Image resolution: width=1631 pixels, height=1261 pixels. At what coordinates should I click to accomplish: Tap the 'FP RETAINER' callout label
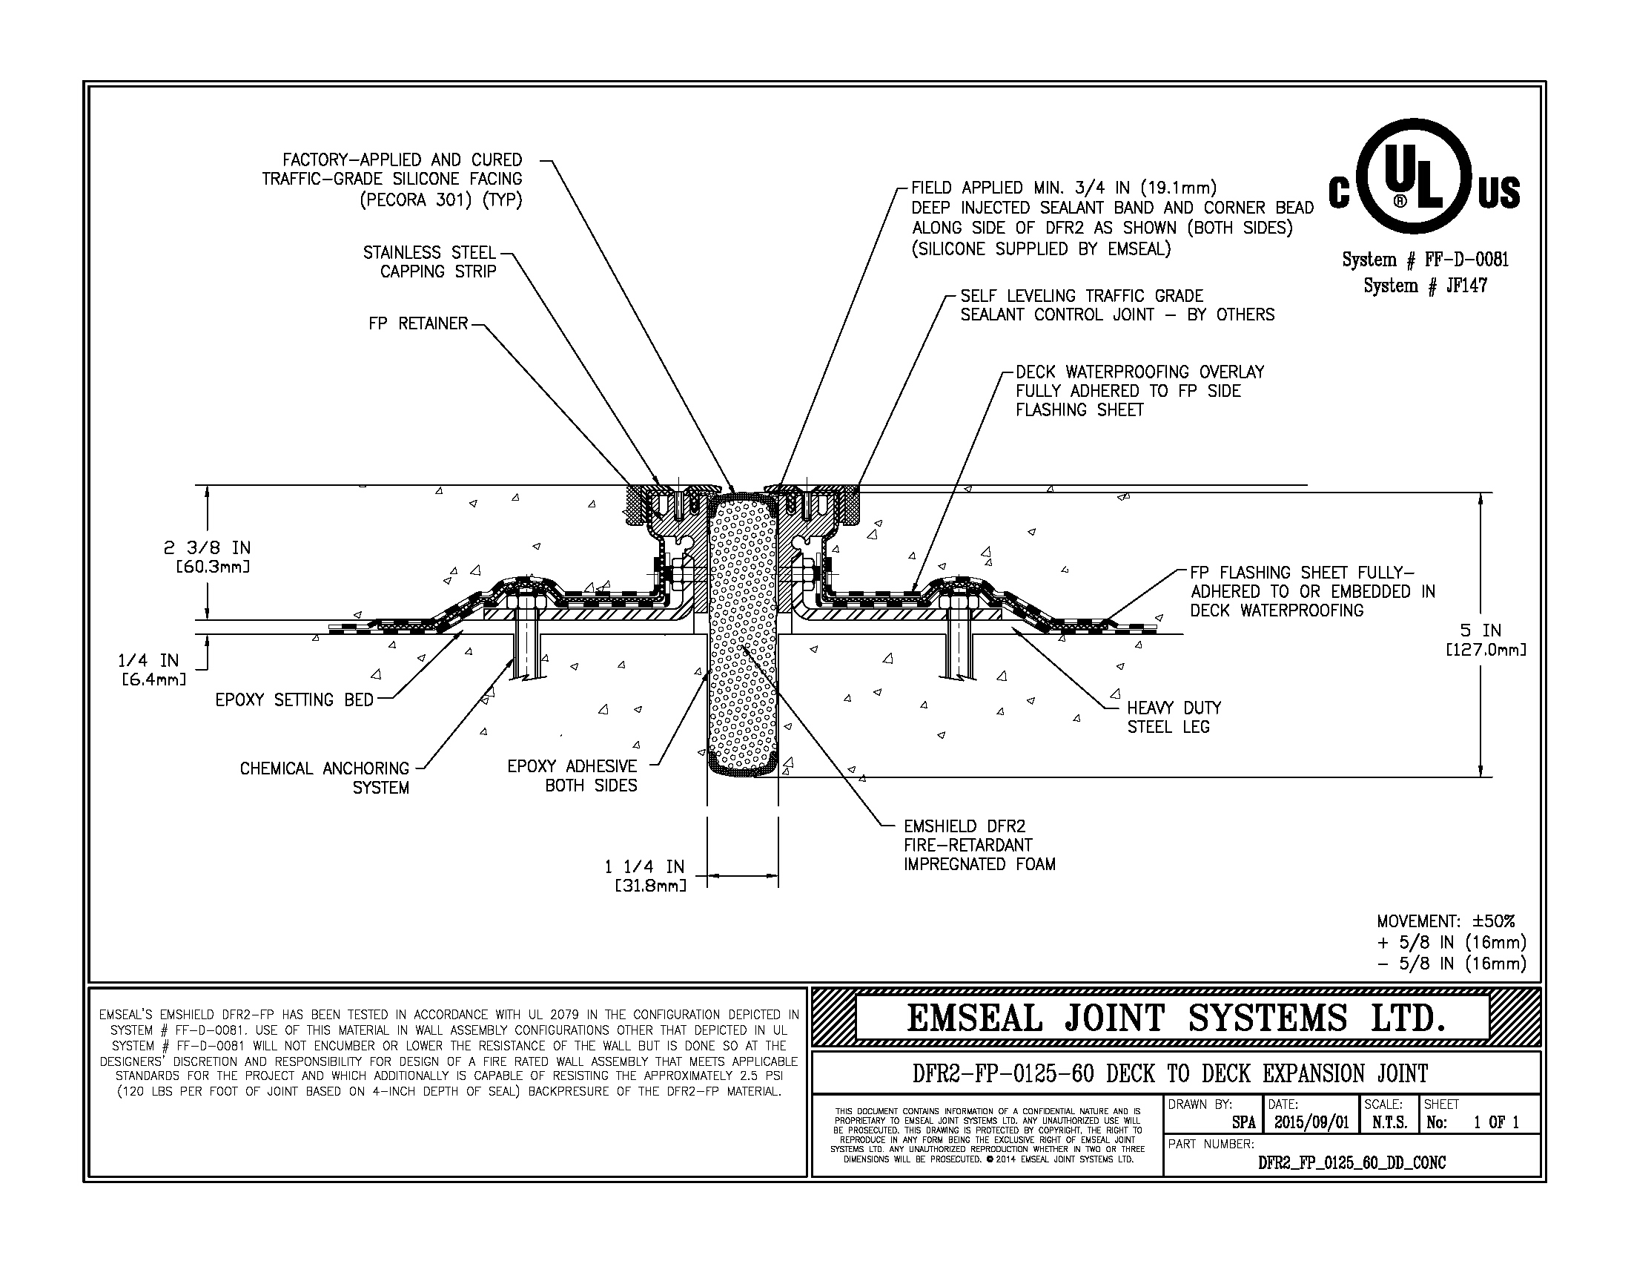tap(417, 323)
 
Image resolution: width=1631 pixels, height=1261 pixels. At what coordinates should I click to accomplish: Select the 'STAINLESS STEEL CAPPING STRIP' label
tap(429, 262)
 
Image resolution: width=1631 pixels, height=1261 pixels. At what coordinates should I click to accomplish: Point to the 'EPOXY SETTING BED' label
tap(294, 700)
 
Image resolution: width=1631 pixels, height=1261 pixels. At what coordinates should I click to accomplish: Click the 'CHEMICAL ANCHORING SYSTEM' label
tap(325, 777)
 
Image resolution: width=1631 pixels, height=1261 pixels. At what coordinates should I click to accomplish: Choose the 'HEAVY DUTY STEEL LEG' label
tap(1174, 717)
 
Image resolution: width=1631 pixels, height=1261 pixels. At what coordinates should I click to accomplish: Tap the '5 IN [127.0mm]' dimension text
tap(1485, 639)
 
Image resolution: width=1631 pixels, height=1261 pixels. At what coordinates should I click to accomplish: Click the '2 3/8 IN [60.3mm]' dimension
tap(208, 557)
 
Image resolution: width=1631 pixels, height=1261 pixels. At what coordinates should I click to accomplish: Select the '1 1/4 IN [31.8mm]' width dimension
tap(645, 875)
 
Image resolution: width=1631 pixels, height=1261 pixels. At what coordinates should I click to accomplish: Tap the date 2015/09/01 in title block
tap(1311, 1122)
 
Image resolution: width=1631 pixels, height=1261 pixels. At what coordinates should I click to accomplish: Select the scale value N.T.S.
tap(1389, 1122)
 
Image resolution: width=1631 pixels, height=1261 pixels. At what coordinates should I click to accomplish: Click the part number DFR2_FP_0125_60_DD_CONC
tap(1352, 1163)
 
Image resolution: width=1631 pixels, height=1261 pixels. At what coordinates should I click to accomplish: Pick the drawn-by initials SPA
tap(1243, 1123)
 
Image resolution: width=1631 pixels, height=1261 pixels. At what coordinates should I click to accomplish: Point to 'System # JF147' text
tap(1425, 286)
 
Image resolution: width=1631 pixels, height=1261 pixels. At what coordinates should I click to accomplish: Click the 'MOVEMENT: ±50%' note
tap(1446, 922)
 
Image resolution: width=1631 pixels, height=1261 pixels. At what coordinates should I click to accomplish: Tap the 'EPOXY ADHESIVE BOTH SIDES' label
tap(572, 775)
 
